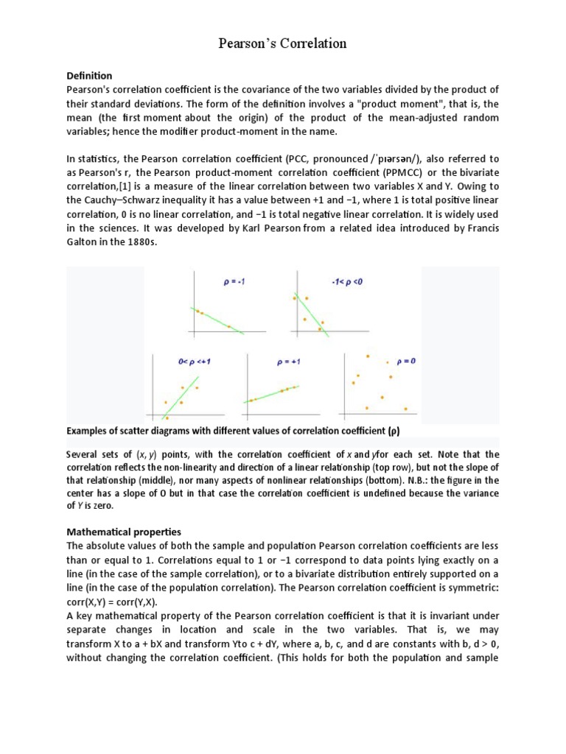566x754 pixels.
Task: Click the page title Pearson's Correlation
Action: click(282, 44)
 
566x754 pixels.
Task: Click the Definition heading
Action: click(89, 76)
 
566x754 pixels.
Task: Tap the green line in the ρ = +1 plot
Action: click(274, 393)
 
